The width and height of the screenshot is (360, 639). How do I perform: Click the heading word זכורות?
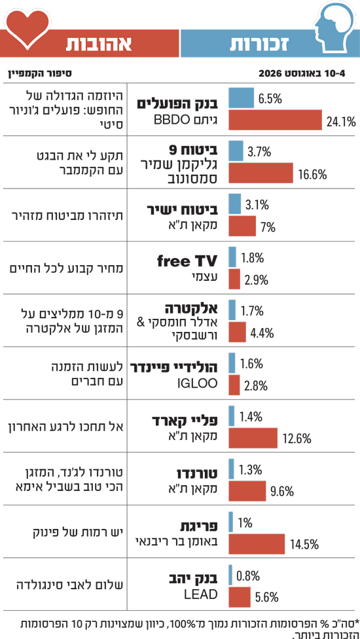coord(259,44)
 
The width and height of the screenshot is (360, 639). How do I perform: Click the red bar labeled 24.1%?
coord(276,120)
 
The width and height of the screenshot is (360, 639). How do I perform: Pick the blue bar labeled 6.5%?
coord(241,98)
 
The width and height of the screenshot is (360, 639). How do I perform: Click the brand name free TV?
coord(187,261)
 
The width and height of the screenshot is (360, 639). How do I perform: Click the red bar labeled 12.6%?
coord(253,438)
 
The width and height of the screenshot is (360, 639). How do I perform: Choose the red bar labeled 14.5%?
coord(257,543)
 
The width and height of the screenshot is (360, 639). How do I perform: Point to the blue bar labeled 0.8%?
coord(230,575)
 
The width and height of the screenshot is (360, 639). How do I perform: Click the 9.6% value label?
coord(282,492)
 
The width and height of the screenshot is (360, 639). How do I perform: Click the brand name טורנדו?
coord(196,474)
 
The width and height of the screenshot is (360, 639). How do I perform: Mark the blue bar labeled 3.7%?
coord(236,151)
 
